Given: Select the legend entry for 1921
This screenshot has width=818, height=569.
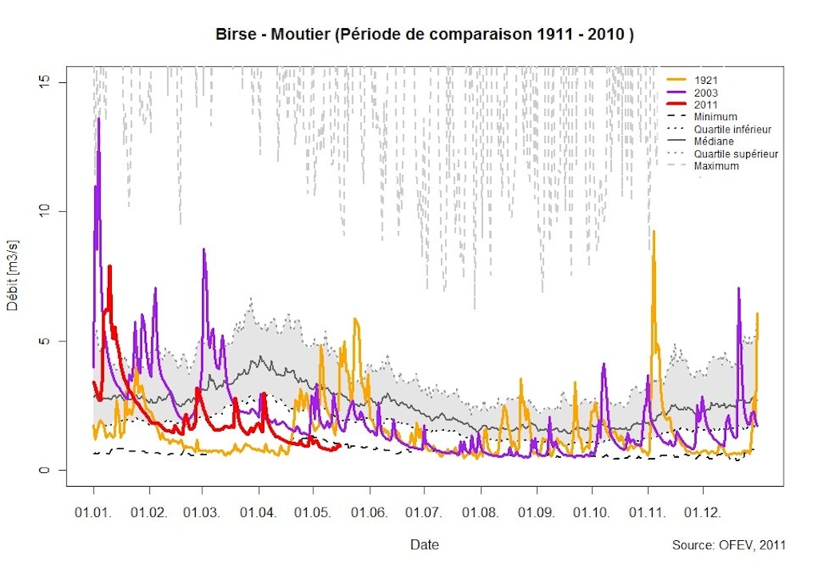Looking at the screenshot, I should (x=705, y=80).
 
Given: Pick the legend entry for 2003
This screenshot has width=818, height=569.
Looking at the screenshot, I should (x=705, y=93).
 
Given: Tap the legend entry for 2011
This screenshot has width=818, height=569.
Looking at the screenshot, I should (x=705, y=105).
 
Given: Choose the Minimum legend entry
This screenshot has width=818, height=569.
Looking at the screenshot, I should (x=715, y=117).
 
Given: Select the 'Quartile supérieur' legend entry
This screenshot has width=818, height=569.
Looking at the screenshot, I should (x=736, y=153).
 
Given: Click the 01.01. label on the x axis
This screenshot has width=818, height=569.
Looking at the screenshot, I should (x=93, y=511).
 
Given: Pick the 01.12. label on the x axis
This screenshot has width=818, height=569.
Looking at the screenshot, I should (x=703, y=511).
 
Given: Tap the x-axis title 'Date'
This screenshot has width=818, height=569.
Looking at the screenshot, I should (x=424, y=545).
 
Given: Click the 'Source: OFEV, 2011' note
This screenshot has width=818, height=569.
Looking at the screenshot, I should (x=729, y=545).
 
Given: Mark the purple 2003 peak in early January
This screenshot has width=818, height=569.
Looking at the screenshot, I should (x=99, y=119).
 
